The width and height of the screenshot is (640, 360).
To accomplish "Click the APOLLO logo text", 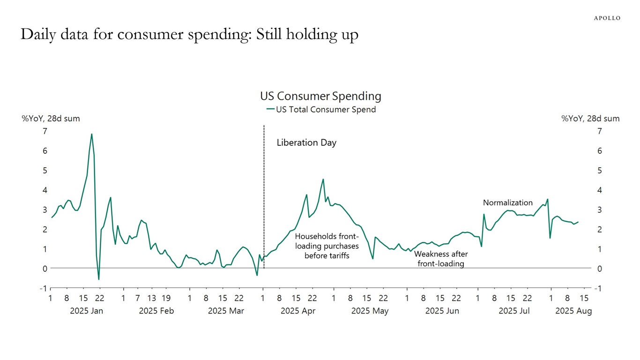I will pos(607,18).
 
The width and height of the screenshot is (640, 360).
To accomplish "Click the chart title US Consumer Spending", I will pos(320,96).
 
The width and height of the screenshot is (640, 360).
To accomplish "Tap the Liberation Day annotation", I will pos(306,143).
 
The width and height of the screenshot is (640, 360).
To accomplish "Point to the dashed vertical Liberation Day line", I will pos(264,197).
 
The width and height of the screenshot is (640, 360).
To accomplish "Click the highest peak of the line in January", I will pos(91,135).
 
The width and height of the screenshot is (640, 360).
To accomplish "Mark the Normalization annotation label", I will pos(508,203).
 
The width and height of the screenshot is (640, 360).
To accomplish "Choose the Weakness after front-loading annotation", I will pos(441,259).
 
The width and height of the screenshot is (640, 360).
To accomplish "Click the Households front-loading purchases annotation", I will pos(327,246).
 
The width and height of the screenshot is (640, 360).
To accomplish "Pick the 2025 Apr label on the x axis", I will pos(298,311).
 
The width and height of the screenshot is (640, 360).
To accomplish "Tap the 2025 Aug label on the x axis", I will pos(573,311).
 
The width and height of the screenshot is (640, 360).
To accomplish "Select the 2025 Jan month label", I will pos(86,311).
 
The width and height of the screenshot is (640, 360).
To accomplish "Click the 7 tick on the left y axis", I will pos(45,131).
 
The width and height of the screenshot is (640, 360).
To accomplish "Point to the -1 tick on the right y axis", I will pos(598,288).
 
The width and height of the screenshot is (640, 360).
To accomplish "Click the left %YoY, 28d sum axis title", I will pos(51,119).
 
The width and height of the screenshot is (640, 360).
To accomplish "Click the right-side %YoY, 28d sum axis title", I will pos(590,119).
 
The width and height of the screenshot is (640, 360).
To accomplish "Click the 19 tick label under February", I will pos(166,298).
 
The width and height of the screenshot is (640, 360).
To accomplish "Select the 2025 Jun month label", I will pos(442,311).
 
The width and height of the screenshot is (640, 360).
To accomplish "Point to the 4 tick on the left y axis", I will pos(45,190).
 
